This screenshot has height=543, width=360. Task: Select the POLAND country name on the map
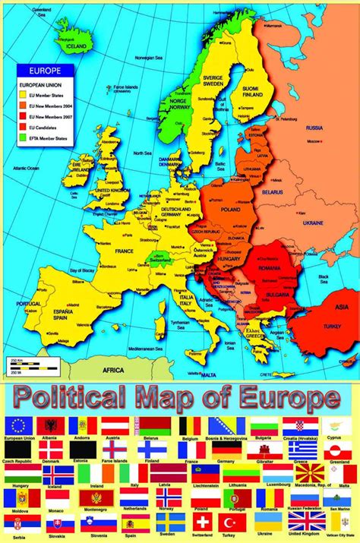[x=230, y=207]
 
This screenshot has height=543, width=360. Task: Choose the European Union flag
[x=17, y=426]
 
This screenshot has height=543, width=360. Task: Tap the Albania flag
[x=51, y=426]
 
